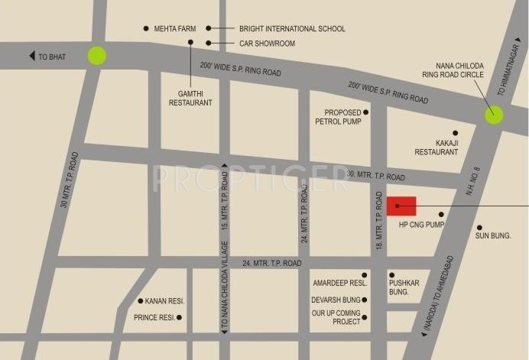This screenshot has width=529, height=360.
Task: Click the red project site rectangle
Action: coord(401,206)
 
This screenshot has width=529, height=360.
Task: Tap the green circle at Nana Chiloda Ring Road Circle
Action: coord(494,115)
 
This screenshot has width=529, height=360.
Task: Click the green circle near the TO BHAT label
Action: coord(96,56)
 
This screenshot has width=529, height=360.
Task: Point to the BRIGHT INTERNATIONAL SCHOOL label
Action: coord(292,29)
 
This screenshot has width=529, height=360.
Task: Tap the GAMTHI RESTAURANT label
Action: coord(190,96)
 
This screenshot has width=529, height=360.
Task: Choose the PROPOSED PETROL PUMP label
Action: coord(337,116)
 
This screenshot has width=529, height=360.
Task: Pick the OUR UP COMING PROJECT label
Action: coord(335,317)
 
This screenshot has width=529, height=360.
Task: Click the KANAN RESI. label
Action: coord(167,301)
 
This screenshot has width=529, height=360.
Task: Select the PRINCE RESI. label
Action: coord(155,317)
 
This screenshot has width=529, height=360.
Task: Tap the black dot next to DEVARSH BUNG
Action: coord(365,300)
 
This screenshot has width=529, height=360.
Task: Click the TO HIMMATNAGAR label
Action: coord(511,71)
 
